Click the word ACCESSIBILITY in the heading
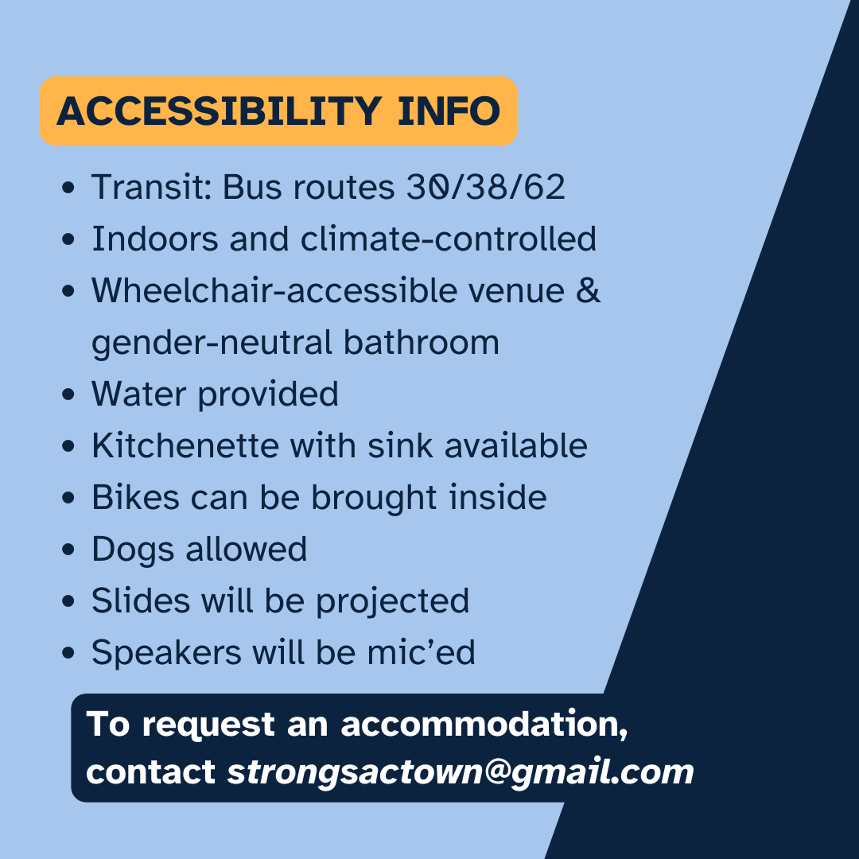pyautogui.click(x=220, y=111)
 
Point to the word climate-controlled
pyautogui.click(x=448, y=239)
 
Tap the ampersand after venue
pyautogui.click(x=589, y=290)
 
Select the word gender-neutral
pyautogui.click(x=212, y=343)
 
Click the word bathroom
pyautogui.click(x=422, y=342)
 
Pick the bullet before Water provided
pyautogui.click(x=68, y=395)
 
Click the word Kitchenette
pyautogui.click(x=185, y=445)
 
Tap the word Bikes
pyautogui.click(x=135, y=497)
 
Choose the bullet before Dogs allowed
pyautogui.click(x=68, y=550)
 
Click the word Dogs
pyautogui.click(x=133, y=550)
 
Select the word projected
pyautogui.click(x=392, y=601)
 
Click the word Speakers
pyautogui.click(x=166, y=652)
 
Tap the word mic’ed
pyautogui.click(x=421, y=652)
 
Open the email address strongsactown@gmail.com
pyautogui.click(x=461, y=772)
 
